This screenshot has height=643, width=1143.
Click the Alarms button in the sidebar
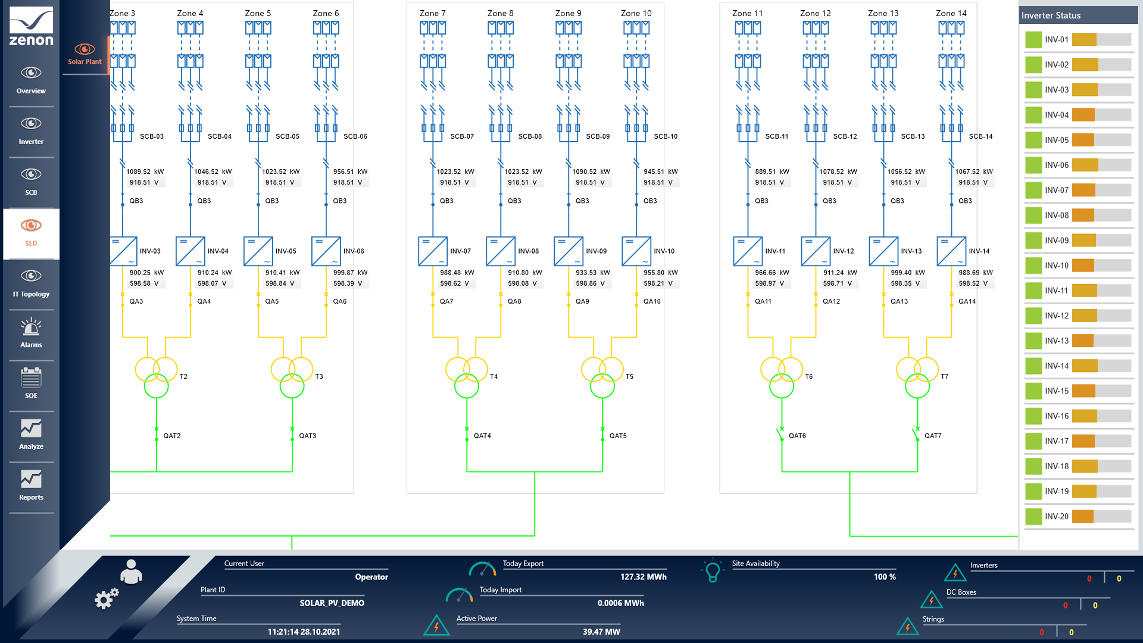[x=31, y=333]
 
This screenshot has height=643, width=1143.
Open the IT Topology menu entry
[x=31, y=282]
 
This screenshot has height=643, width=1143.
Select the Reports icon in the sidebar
[x=31, y=485]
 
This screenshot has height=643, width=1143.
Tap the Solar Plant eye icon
[x=85, y=49]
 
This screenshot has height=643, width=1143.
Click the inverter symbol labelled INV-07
[x=433, y=251]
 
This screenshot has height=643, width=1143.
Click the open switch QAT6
[x=780, y=435]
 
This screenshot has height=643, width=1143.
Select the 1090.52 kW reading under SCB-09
[x=591, y=171]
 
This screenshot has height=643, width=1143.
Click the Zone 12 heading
[x=815, y=13]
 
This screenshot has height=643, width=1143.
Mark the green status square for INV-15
[x=1033, y=391]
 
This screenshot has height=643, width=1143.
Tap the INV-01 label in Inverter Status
[x=1057, y=40]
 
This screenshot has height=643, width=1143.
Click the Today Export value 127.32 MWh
[x=643, y=577]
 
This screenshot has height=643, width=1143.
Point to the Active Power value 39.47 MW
[x=601, y=632]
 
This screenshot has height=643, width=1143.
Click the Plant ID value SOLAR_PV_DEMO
[x=332, y=603]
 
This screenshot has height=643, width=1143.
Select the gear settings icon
[x=107, y=598]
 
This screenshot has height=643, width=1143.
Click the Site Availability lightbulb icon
[x=712, y=571]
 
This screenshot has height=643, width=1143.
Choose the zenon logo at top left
[x=31, y=27]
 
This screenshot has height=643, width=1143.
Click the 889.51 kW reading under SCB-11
[x=772, y=171]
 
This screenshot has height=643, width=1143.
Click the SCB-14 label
[x=980, y=136]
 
